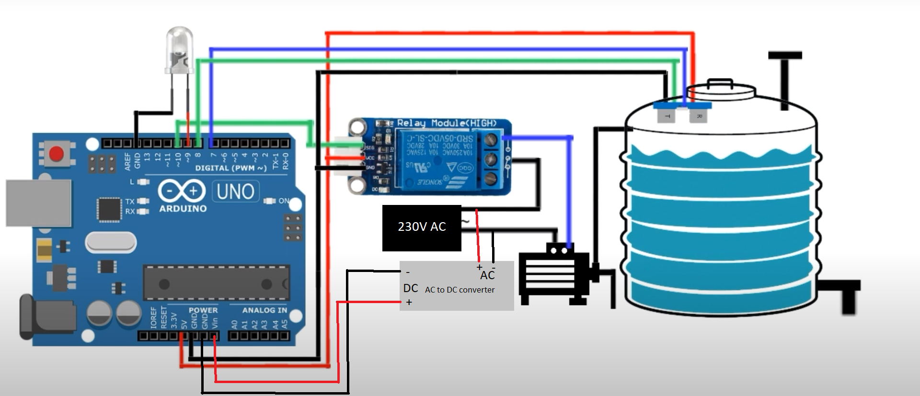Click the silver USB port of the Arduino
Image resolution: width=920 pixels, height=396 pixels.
tap(38, 203)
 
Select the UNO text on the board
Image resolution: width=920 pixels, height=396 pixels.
tap(235, 192)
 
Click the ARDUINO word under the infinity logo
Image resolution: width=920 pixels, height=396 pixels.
tap(183, 209)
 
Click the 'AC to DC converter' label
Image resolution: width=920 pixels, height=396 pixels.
tap(460, 290)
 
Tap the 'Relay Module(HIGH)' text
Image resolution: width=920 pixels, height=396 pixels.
tap(447, 123)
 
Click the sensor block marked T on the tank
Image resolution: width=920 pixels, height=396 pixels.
tap(667, 115)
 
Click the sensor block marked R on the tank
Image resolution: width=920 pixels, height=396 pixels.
tap(698, 115)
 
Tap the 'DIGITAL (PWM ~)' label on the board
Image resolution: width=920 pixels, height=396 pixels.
tap(230, 168)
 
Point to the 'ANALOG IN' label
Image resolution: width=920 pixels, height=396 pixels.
tap(264, 310)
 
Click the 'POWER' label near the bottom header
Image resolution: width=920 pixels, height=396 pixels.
tap(203, 310)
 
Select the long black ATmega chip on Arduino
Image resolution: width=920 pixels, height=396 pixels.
tap(216, 283)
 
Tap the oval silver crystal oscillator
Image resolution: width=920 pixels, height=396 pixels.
tap(111, 242)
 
